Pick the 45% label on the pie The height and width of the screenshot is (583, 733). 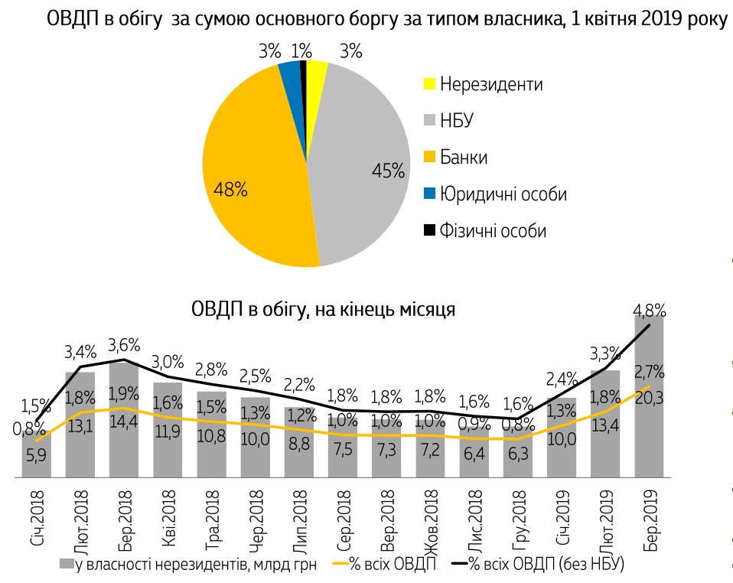point(387,171)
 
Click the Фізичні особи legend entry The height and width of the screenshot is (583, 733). point(493,230)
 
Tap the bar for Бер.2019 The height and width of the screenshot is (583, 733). point(649,398)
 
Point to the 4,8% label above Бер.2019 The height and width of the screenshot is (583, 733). point(650,311)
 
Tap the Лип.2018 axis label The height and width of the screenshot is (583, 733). point(301,516)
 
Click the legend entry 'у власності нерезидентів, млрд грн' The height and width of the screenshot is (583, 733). point(191,565)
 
